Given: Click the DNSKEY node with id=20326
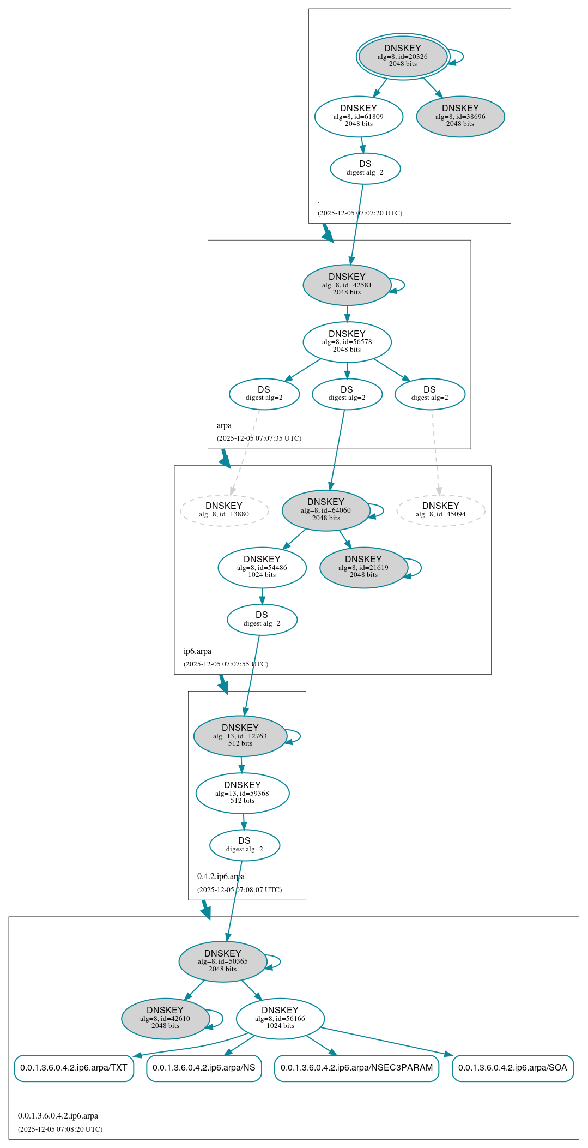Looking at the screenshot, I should coord(403,56).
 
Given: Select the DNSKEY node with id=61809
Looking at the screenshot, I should coord(359,116).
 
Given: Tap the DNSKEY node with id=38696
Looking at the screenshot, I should coord(460,116).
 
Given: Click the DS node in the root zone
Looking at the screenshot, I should coord(365,169).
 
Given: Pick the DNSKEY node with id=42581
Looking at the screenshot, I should coord(347,285).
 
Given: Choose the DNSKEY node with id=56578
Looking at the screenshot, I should coord(347,342).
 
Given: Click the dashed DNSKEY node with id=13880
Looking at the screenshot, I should coord(224,510).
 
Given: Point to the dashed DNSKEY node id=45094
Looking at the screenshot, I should coord(441,510).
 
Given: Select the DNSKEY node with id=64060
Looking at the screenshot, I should coord(326,510).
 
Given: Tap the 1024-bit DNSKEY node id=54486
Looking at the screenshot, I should coord(262,567).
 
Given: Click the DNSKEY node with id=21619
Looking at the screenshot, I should coord(363,567).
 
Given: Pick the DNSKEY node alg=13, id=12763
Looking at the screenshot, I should coord(240,736).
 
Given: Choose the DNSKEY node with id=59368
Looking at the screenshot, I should coord(243,793).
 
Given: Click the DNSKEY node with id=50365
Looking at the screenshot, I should coord(223,961).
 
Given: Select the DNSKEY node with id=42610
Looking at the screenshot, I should coord(165,1018).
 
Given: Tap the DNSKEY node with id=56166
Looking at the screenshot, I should coord(280,1018).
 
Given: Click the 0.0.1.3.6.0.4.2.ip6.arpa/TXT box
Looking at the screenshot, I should coord(74,1067).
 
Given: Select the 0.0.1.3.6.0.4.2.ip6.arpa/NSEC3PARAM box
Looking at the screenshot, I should coord(356,1067).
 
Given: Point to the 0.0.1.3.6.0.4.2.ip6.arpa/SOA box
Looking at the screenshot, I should coord(512,1067).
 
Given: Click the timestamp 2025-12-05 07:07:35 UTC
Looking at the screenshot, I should coord(259,438).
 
